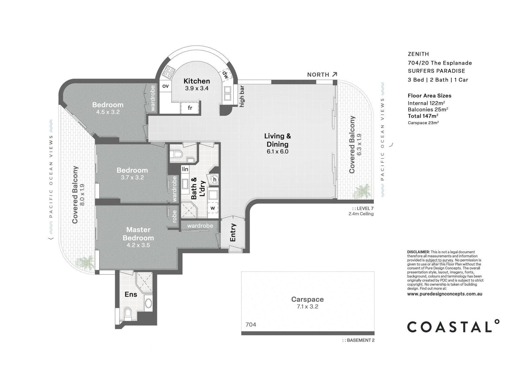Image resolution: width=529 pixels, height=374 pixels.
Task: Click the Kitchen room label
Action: click(x=196, y=81)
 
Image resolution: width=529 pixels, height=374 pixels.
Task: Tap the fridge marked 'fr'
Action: click(x=190, y=108)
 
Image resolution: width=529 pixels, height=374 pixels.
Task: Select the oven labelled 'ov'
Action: click(x=165, y=86)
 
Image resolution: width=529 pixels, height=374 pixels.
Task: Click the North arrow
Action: click(x=334, y=74)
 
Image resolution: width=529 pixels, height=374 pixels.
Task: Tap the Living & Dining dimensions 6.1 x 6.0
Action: click(x=277, y=152)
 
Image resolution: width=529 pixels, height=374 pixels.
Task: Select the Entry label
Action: click(x=233, y=232)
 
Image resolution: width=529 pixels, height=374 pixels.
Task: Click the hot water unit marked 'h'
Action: click(x=215, y=180)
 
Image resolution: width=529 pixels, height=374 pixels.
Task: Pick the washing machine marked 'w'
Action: click(x=213, y=208)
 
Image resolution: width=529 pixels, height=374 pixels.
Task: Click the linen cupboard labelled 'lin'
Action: click(x=185, y=169)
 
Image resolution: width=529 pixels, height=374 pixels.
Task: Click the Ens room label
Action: click(x=131, y=294)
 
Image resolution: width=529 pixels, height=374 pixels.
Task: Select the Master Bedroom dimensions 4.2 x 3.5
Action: click(x=138, y=245)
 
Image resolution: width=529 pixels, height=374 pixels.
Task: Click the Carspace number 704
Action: click(x=251, y=325)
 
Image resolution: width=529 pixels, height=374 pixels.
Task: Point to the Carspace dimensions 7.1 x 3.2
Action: click(x=307, y=306)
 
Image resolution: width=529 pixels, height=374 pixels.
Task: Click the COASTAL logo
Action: click(x=453, y=327)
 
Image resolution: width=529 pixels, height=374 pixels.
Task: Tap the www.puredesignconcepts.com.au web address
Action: click(x=444, y=294)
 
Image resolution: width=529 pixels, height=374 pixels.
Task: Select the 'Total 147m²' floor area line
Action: click(x=423, y=116)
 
